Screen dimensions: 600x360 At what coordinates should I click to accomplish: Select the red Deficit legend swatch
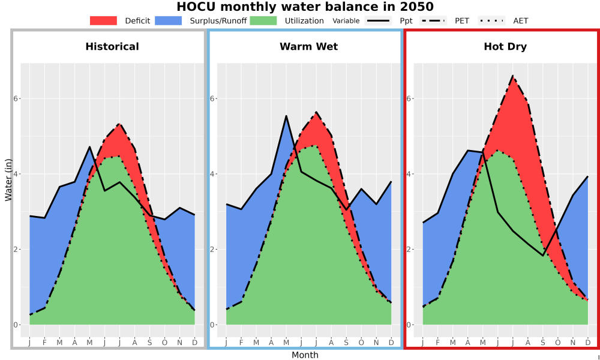103,20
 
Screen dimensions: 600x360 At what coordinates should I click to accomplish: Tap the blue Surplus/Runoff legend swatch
169,20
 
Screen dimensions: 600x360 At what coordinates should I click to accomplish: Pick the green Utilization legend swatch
263,20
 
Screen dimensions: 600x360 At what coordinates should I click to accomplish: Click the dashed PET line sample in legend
433,20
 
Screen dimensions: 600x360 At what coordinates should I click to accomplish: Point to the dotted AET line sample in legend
491,20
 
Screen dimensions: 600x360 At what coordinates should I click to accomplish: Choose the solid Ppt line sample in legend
377,20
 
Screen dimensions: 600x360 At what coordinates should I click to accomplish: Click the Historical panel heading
112,47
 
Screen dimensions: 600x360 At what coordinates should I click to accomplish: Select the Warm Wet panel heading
309,47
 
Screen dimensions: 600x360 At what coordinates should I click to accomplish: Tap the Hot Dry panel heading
505,47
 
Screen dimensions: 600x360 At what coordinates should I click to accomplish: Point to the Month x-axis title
305,355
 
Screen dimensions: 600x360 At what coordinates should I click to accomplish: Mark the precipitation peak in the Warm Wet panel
286,116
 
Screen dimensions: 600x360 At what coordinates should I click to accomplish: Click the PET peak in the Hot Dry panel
512,76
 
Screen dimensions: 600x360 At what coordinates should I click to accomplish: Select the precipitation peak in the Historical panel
89,147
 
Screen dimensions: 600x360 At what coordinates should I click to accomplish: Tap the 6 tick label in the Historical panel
16,99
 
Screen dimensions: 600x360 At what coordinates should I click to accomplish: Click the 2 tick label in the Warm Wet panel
212,250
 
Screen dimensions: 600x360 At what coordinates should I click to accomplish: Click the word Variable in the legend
346,20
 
